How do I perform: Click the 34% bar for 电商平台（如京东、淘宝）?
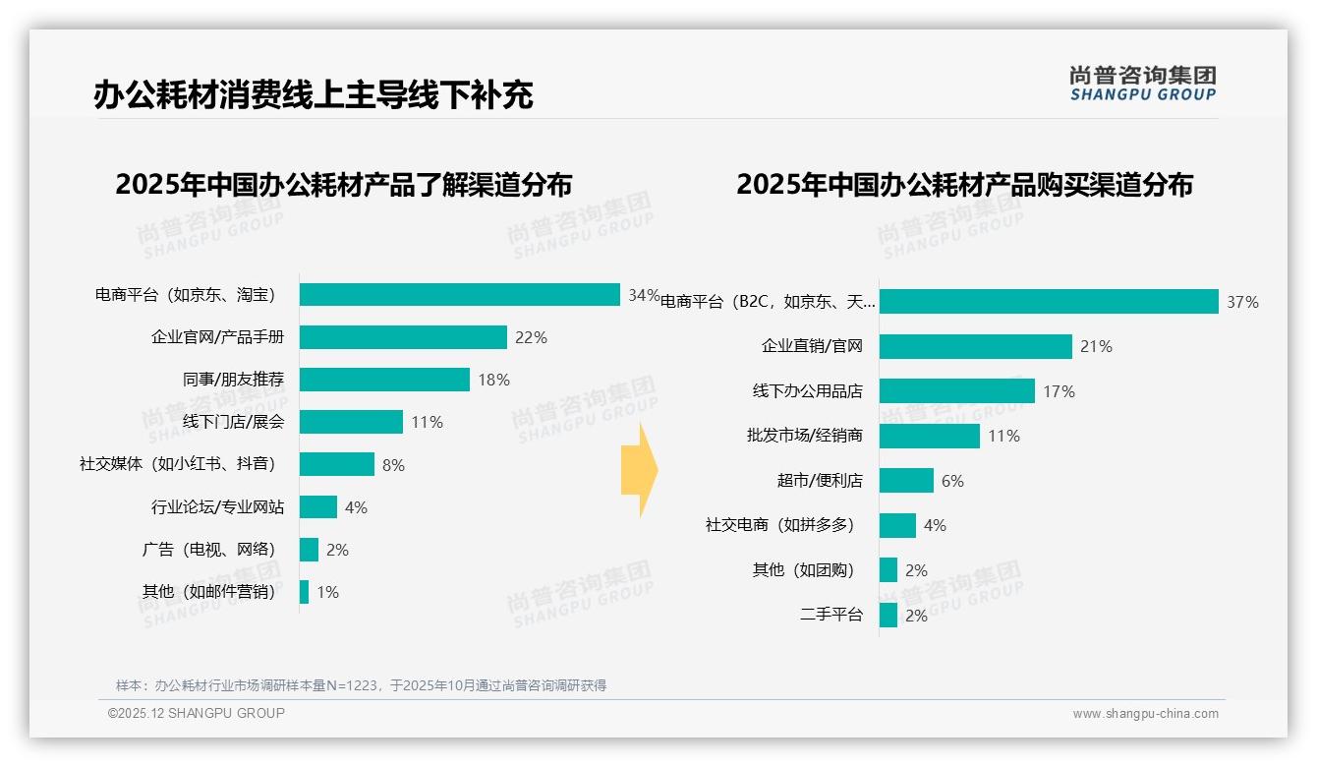coord(459,295)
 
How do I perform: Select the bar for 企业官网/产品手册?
coord(403,337)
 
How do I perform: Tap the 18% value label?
coord(493,381)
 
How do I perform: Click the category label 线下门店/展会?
coord(233,423)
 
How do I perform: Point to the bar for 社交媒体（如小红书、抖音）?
coord(336,464)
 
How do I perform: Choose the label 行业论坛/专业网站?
coord(217,507)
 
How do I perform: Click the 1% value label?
coord(327,592)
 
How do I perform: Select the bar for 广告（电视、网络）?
coord(309,550)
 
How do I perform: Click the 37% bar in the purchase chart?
coord(1048,302)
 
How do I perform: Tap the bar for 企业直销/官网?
coord(975,346)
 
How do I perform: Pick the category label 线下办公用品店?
coord(807,391)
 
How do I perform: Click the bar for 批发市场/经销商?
coord(929,436)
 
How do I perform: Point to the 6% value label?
coord(951,481)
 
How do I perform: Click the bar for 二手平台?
coord(888,616)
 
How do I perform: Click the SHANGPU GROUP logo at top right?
coord(1142,84)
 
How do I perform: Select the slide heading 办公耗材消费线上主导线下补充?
coord(314,95)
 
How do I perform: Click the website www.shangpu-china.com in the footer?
coord(1145,714)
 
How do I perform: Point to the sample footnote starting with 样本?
coord(361,685)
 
